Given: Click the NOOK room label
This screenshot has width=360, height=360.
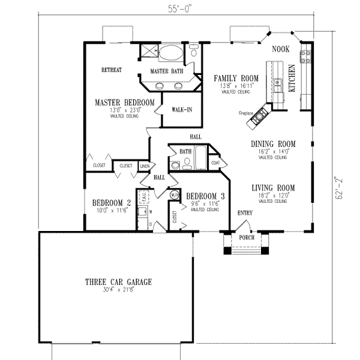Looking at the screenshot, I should coord(281,49).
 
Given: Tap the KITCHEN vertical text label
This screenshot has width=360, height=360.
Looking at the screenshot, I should coord(293,78).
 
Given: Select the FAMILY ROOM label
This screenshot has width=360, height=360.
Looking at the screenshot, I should coord(236,79).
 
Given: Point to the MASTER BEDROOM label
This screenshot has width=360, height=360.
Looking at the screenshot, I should coord(125,103).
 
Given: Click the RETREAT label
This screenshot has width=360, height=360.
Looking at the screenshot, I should coord(112,70).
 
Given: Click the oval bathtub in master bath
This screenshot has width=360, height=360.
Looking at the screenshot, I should coord(173,53).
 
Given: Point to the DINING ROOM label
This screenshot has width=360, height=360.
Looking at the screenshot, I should coord(274,144).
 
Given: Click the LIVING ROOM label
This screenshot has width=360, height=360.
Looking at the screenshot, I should coord(274,187).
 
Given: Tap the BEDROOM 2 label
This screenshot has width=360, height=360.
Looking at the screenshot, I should coord(112,202).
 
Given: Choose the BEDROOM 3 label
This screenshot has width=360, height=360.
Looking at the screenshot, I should coord(206,196).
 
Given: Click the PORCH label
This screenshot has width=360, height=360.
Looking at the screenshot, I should coord(247,237).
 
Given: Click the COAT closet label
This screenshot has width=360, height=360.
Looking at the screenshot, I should coord(215,161).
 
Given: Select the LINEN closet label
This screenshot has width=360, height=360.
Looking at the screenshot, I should coord(145,165).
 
